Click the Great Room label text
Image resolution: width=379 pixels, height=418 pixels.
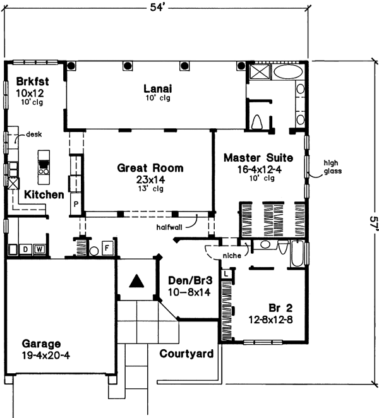[150, 168]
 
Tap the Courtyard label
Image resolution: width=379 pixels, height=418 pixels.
[186, 354]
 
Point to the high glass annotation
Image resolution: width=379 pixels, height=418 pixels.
[333, 165]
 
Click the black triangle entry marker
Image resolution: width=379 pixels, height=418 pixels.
[135, 281]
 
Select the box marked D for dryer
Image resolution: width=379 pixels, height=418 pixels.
[26, 249]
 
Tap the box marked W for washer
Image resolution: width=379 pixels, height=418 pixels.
[39, 249]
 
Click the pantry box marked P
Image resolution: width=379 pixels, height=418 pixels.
[76, 205]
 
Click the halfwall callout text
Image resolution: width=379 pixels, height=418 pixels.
[171, 225]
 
